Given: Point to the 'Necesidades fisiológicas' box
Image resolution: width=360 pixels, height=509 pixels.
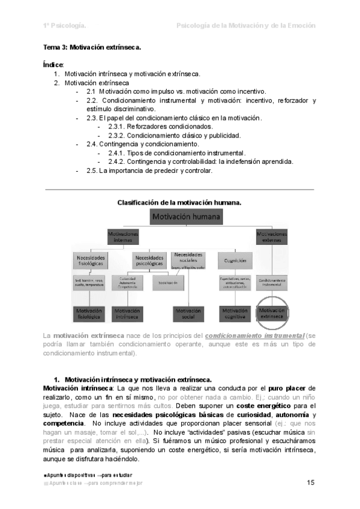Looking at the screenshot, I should click(90, 260).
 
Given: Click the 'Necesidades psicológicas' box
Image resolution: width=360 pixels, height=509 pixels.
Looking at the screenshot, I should click(149, 260).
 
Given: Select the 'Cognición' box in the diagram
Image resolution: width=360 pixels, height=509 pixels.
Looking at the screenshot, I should click(235, 260).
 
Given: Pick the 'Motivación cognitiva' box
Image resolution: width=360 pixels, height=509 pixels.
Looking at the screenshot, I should click(235, 313).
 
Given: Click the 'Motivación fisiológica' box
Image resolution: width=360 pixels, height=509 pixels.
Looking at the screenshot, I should click(90, 313).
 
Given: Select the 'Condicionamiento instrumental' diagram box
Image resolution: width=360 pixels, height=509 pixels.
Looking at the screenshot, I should click(272, 282).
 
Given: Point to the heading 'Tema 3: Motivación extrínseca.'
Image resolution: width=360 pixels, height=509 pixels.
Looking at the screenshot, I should click(92, 47).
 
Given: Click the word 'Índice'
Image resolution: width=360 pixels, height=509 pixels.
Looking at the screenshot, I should click(53, 64).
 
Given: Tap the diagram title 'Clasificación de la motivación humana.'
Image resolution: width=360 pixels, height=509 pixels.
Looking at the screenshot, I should click(179, 202).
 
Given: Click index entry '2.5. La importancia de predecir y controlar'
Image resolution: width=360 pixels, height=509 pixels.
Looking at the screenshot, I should click(149, 170).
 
